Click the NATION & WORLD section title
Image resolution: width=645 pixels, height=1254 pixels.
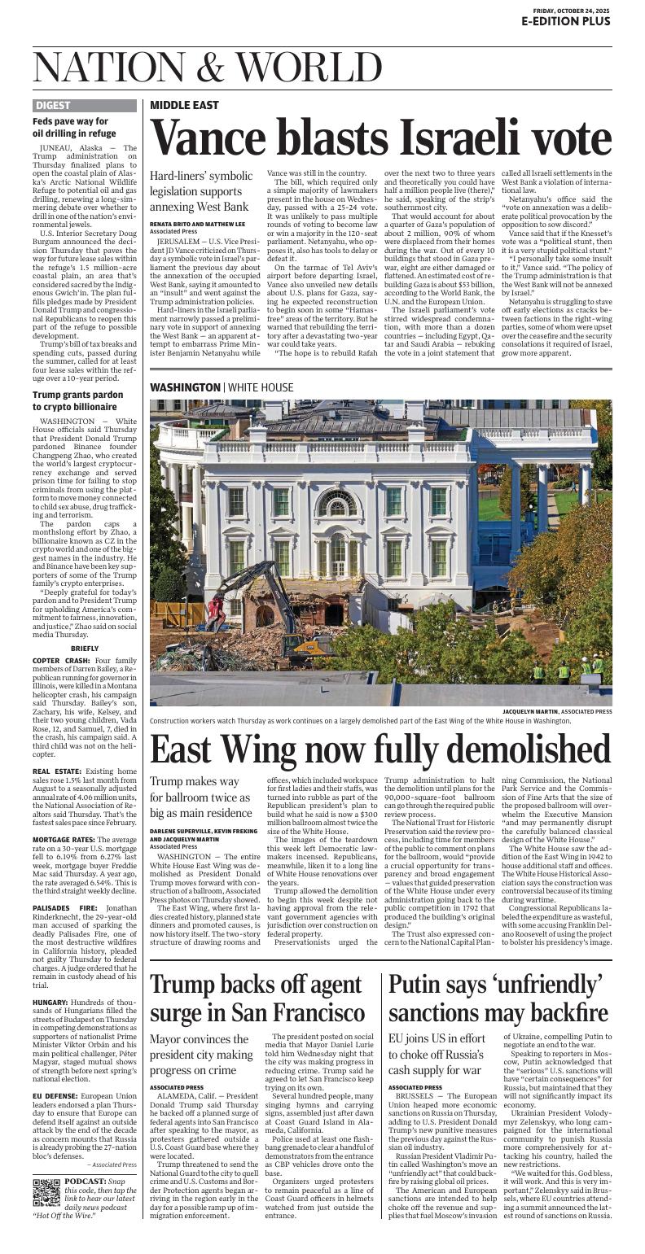point(208,67)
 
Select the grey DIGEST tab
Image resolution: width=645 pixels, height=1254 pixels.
point(54,105)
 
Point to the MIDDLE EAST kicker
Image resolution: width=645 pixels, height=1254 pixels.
point(184,105)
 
